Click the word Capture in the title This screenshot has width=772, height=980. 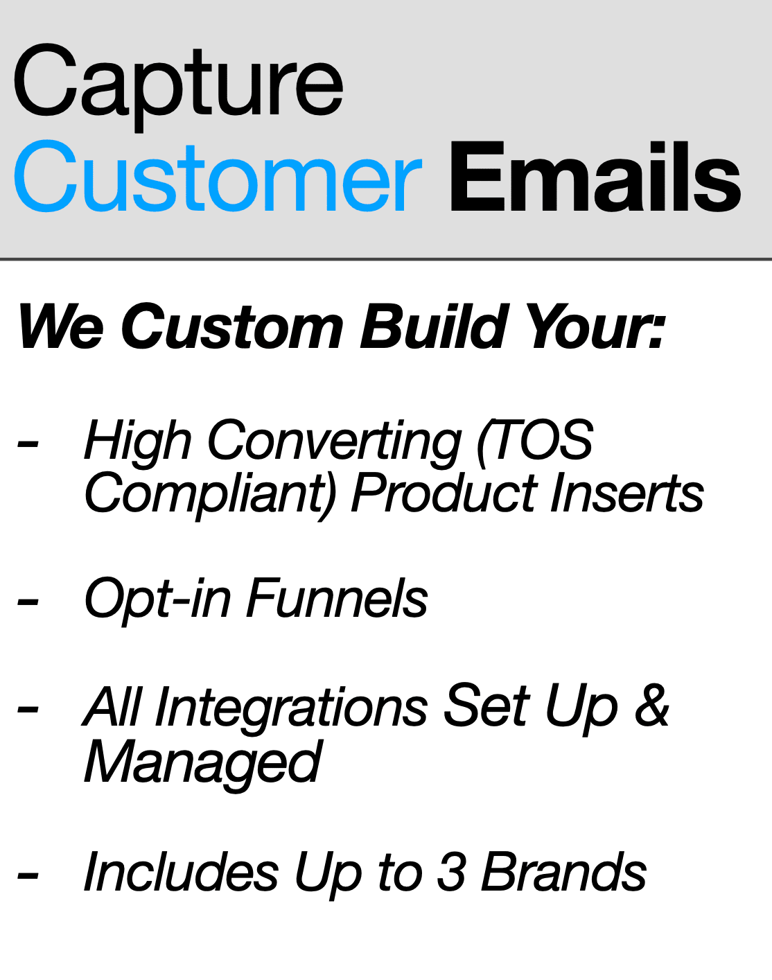pyautogui.click(x=178, y=87)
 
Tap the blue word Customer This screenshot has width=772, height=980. pyautogui.click(x=218, y=176)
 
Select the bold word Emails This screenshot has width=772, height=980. pyautogui.click(x=595, y=177)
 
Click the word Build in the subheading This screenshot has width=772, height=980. pyautogui.click(x=433, y=326)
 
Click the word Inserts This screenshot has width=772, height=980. pyautogui.click(x=627, y=493)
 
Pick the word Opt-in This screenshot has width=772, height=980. pyautogui.click(x=157, y=600)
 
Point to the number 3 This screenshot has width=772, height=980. pyautogui.click(x=451, y=870)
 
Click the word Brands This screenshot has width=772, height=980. pyautogui.click(x=564, y=870)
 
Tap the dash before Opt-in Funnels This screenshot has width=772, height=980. pyautogui.click(x=28, y=602)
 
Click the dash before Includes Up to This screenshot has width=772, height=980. pyautogui.click(x=28, y=875)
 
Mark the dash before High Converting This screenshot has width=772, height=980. pyautogui.click(x=28, y=444)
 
